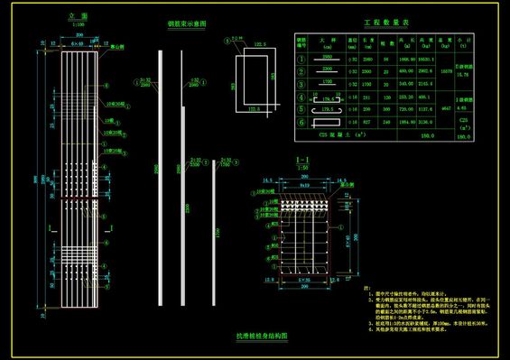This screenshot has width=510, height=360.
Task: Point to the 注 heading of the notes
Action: point(366,285)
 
